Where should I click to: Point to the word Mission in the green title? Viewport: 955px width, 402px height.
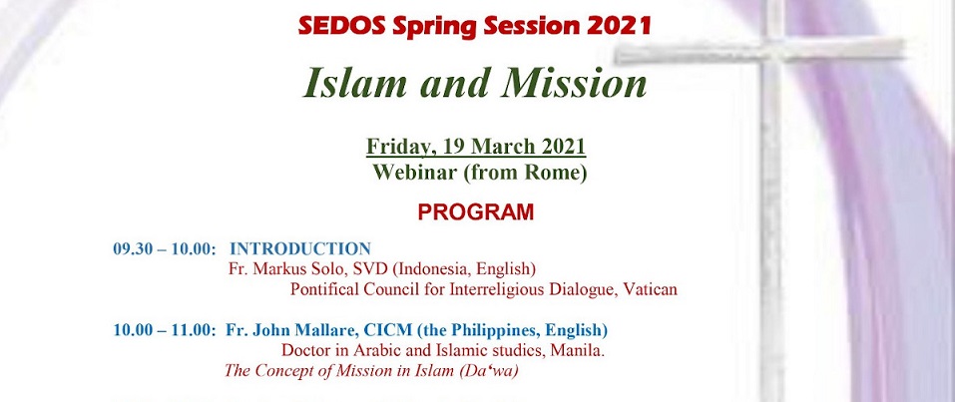tap(573, 83)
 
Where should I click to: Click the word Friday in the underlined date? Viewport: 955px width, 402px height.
tap(399, 147)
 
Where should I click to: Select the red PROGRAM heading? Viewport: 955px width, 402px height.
tap(475, 212)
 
